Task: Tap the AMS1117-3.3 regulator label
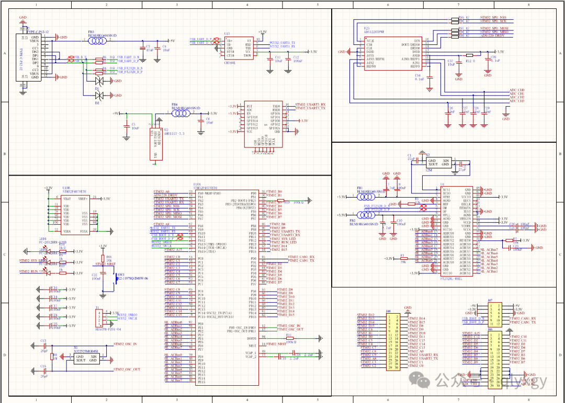pos(175,133)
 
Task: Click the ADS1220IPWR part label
pos(374,31)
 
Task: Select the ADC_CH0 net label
pos(516,90)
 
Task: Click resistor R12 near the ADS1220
pos(469,55)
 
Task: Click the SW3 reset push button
pos(116,278)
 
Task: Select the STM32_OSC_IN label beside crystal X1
pos(126,344)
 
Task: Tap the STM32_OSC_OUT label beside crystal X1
pos(127,370)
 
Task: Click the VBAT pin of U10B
pos(66,199)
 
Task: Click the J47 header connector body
pos(492,314)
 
